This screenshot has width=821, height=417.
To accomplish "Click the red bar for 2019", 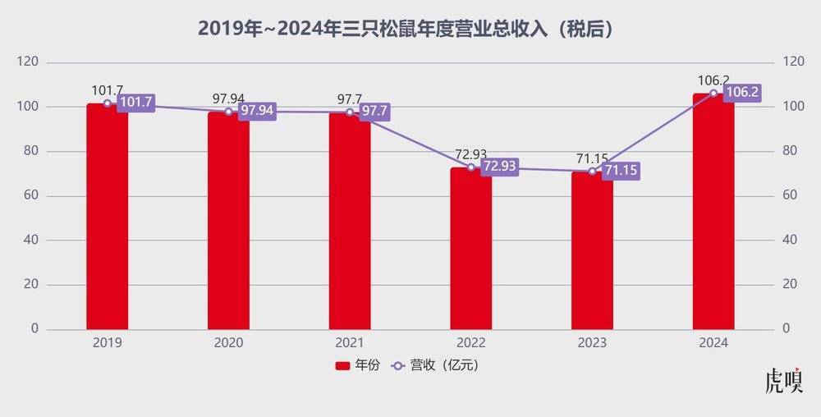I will [x=108, y=217].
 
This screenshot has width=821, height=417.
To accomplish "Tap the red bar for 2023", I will [x=592, y=250].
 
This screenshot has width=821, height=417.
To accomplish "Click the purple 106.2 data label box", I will [x=742, y=93].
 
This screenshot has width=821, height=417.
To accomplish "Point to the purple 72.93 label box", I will [x=500, y=167].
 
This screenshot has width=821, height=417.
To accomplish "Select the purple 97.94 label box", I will [x=257, y=111].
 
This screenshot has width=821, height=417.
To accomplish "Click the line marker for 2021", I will [x=350, y=112].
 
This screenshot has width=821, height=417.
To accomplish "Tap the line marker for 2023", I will [x=592, y=171].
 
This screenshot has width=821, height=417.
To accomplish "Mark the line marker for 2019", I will [x=108, y=103].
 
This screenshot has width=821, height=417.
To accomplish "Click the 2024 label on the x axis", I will [x=713, y=343].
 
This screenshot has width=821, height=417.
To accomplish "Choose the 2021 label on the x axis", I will [x=350, y=343].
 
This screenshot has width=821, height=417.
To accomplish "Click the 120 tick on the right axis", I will [x=793, y=62].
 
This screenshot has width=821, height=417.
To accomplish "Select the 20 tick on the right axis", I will [x=790, y=284].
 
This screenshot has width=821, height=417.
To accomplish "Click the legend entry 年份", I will [x=358, y=365].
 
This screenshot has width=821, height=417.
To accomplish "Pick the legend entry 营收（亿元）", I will [x=437, y=365].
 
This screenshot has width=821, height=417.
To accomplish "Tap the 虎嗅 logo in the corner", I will [x=782, y=383].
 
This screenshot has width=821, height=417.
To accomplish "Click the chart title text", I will [x=408, y=29].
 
